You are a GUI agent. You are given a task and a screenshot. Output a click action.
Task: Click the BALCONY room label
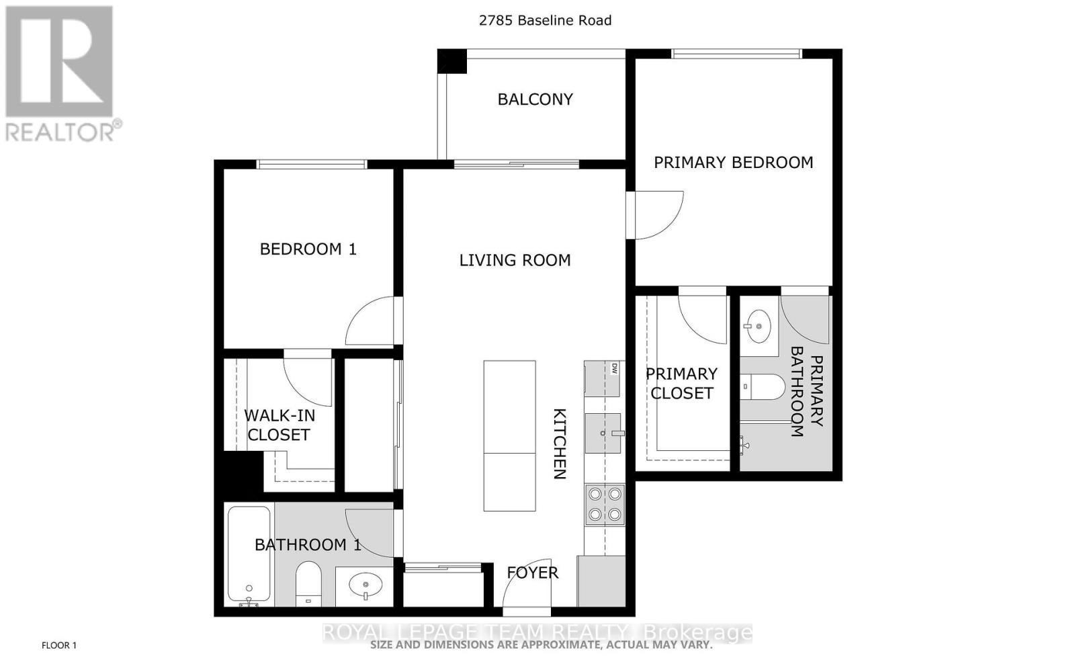point(535,99)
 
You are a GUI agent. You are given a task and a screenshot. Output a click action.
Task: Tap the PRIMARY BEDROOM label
point(733,163)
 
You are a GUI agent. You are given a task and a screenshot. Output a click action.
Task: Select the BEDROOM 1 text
point(308,249)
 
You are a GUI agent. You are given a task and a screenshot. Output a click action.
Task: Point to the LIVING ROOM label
point(515,260)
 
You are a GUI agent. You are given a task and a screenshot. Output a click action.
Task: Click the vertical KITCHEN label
point(560,444)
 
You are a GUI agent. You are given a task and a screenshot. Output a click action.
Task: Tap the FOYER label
point(532,573)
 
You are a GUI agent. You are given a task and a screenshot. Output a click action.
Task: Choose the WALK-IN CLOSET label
point(279,425)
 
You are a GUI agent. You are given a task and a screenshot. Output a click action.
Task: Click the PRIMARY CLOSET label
point(681,384)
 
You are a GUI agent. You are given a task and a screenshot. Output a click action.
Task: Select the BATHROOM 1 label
point(308,544)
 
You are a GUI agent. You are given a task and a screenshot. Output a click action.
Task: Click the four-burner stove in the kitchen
point(605,505)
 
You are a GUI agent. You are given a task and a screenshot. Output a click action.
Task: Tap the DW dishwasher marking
point(613,368)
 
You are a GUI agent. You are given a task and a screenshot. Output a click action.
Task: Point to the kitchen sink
point(603,433)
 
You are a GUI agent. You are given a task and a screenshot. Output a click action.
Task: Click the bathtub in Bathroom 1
point(249,554)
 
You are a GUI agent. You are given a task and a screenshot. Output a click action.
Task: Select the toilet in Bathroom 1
point(308,583)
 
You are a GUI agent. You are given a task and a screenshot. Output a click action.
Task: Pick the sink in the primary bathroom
point(758,326)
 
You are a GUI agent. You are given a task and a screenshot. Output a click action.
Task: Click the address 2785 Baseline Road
point(545,21)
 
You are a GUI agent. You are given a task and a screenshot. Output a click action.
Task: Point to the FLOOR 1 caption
point(59,646)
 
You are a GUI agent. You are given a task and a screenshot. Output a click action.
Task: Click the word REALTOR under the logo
point(60,132)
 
